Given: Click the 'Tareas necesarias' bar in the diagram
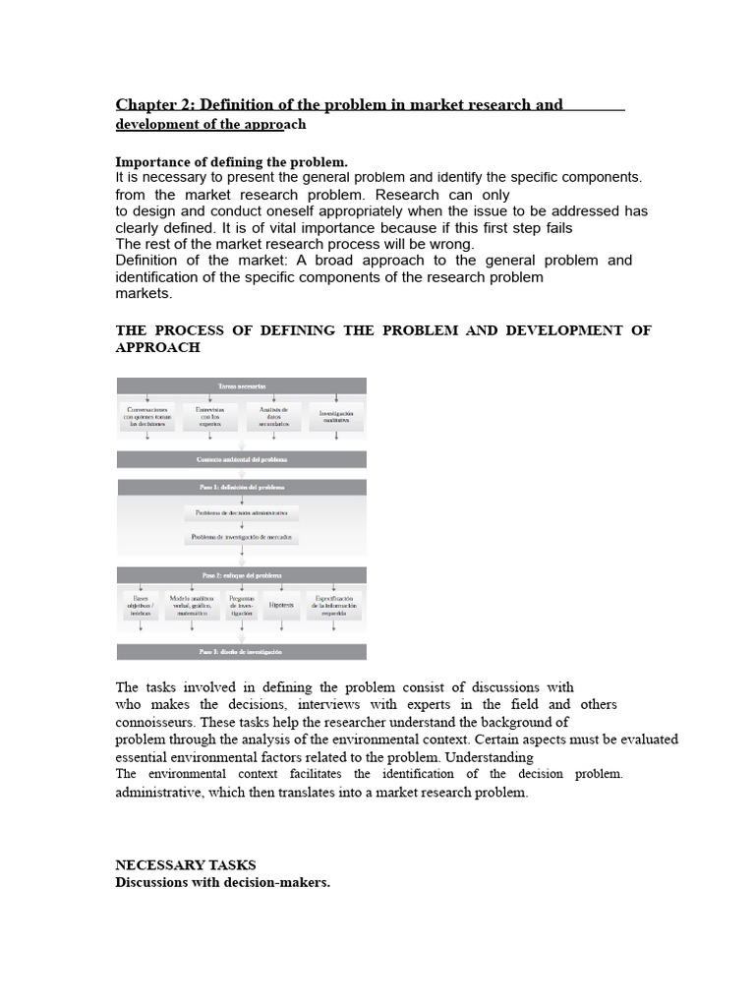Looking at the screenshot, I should coord(242,386).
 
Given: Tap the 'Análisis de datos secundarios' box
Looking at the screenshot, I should coord(273,416).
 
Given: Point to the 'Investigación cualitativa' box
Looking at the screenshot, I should coord(337,416).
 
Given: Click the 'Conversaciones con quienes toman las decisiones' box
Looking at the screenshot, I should coord(146,416).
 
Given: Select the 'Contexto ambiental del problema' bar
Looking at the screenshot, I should coord(242,459).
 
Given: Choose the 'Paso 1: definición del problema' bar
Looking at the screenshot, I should coord(242,487).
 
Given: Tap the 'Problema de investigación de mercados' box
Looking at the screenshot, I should coord(242,538).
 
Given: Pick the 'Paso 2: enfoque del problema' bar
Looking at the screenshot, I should coord(242,574).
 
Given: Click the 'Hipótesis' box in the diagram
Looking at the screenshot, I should coord(281,605).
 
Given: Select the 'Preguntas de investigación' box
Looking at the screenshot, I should coord(242,605).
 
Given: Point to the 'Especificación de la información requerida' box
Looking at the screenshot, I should coord(334,605).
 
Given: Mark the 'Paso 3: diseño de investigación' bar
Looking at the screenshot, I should coord(242,652).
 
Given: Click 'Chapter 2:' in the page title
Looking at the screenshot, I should coord(155,104).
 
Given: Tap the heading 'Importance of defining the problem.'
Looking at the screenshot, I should coord(232,161).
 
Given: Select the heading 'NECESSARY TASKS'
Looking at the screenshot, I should coord(186,865).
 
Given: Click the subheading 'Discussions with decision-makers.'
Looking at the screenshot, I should coord(223,883).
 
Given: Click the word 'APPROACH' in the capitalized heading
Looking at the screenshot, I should coord(158,348).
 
